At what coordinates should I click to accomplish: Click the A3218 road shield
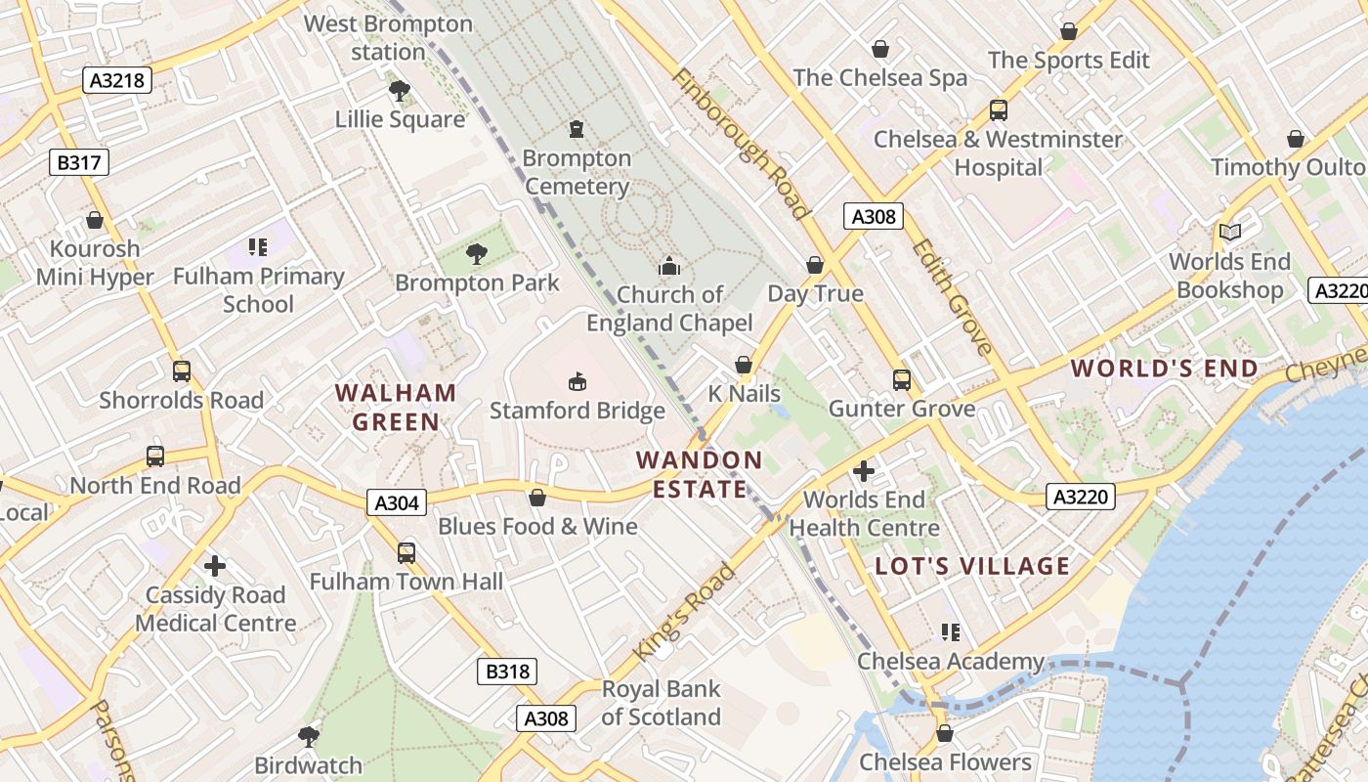[117, 80]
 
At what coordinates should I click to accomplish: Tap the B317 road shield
[79, 162]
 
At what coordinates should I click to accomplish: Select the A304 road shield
[398, 502]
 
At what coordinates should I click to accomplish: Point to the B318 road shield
[507, 671]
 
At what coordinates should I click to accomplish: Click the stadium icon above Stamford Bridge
[577, 380]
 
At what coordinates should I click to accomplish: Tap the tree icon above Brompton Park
[477, 254]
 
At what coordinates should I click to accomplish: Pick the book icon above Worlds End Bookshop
[1229, 233]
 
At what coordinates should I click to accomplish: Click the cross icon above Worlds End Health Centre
[864, 471]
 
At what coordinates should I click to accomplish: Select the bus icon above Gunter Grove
[901, 379]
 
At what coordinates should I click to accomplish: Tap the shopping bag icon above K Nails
[744, 365]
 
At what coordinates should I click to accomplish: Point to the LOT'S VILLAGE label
[972, 566]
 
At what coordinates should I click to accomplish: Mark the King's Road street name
[684, 612]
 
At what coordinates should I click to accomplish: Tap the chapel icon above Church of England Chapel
[669, 265]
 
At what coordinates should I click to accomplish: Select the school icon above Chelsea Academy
[950, 632]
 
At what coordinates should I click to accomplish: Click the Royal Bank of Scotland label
[661, 703]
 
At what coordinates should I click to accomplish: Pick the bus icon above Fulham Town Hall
[406, 553]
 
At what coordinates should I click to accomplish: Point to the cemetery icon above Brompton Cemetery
[577, 128]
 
